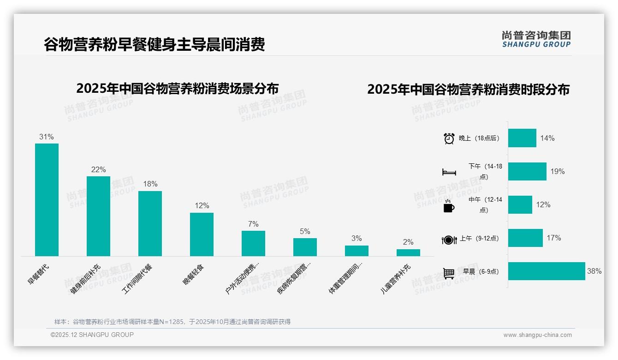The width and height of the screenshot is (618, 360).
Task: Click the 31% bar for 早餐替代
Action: click(47, 200)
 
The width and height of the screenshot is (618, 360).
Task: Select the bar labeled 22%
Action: click(98, 216)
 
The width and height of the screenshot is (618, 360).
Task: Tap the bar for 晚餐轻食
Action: click(202, 234)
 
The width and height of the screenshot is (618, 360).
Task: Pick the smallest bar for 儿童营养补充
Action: click(408, 252)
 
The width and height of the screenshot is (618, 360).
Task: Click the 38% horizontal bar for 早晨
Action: click(547, 271)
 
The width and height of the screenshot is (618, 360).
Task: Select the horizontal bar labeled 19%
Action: click(527, 171)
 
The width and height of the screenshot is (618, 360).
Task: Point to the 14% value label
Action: click(547, 138)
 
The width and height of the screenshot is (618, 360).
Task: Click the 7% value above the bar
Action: click(253, 224)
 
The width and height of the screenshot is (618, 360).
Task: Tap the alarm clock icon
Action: click(449, 138)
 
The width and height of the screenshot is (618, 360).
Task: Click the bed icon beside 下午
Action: click(449, 172)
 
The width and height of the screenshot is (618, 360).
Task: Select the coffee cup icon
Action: click(449, 206)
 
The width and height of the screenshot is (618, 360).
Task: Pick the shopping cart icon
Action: click(449, 273)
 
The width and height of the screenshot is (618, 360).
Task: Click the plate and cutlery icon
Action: click(449, 240)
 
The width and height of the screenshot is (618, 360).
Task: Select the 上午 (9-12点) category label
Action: click(479, 239)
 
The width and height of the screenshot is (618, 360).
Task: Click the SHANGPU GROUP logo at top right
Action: click(536, 39)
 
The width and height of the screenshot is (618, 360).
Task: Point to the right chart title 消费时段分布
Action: click(468, 89)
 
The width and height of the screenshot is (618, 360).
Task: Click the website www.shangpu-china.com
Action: click(537, 335)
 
